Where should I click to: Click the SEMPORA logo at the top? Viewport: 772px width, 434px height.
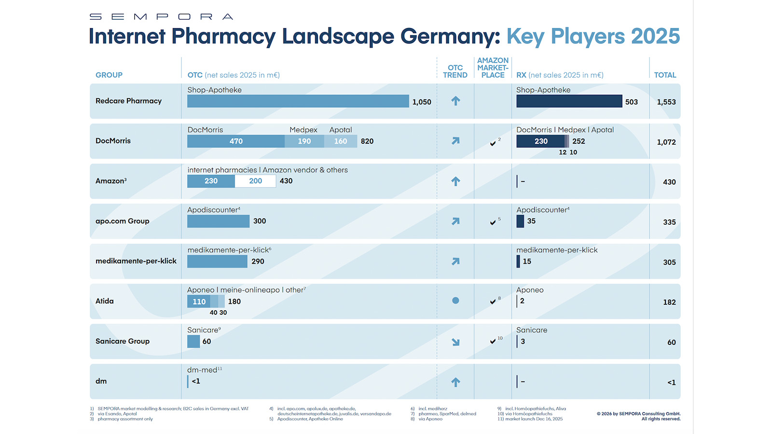point(161,17)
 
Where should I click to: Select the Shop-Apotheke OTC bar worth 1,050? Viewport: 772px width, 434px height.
point(298,101)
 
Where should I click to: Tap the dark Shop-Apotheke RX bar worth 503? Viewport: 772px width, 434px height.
point(569,101)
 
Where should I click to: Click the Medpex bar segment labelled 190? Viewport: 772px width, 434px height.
point(304,141)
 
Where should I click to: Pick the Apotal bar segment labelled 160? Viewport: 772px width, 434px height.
point(341,141)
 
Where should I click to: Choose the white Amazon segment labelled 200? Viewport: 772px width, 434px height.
point(255,181)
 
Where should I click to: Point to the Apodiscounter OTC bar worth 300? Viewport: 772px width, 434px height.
point(218,221)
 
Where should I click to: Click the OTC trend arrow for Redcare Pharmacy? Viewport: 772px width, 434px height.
point(455,101)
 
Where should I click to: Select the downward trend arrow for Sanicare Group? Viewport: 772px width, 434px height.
point(455,342)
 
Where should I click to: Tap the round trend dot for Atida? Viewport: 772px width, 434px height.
point(455,300)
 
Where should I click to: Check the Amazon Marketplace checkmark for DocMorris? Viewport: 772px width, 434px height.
point(493,143)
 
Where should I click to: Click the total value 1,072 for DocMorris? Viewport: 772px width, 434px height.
point(666,142)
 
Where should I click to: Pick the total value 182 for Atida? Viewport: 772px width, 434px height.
point(669,302)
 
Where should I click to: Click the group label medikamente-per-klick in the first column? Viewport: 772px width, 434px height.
point(136,261)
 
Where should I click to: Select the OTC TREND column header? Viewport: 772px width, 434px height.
point(455,71)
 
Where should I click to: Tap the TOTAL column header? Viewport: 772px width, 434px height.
point(665,75)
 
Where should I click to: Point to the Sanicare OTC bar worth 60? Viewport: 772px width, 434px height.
point(193,341)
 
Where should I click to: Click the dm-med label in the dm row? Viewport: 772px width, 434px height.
point(202,370)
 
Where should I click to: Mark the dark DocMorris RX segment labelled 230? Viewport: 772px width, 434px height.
point(540,141)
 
